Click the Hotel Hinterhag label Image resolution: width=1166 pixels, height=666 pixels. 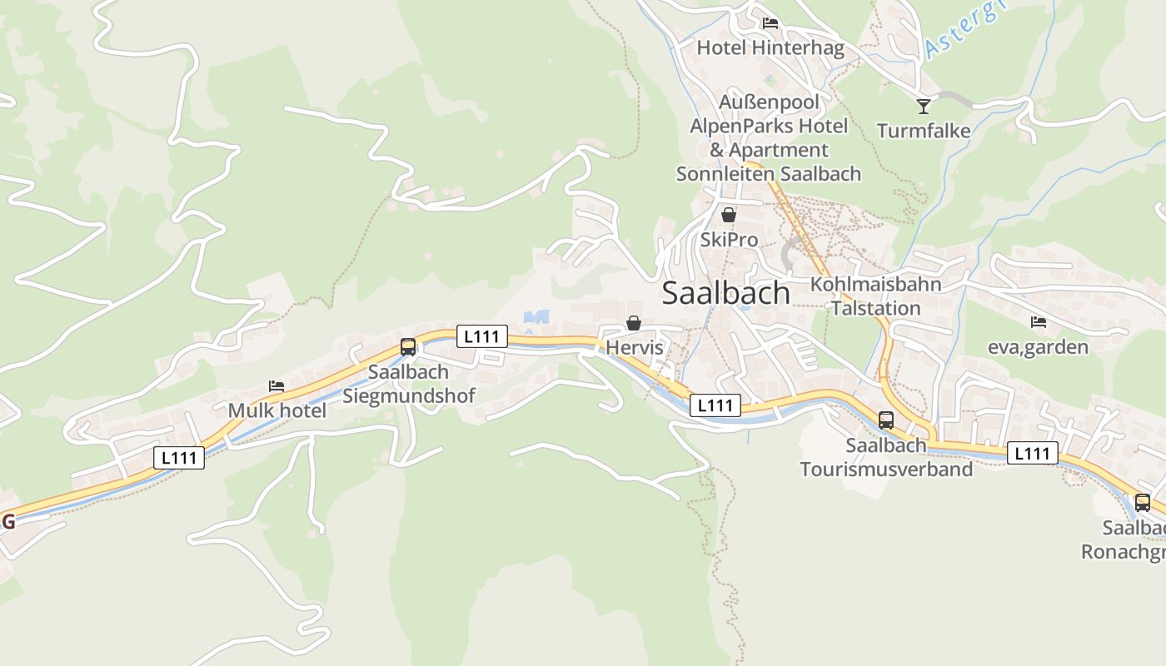(x=770, y=47)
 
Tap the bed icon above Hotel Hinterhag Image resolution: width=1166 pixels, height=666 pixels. (x=770, y=22)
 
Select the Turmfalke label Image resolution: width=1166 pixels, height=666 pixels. (x=924, y=131)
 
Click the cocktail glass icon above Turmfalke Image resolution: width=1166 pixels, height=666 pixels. (x=924, y=106)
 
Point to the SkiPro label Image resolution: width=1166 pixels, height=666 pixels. (x=729, y=240)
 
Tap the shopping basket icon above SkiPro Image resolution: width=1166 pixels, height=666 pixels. (x=729, y=215)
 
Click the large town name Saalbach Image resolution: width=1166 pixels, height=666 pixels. (x=725, y=293)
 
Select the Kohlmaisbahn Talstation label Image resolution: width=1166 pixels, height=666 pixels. (x=876, y=296)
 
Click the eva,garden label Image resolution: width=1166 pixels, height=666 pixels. (x=1038, y=346)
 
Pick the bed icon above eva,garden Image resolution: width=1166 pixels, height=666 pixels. (x=1038, y=321)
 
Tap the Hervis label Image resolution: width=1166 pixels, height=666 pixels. (x=635, y=347)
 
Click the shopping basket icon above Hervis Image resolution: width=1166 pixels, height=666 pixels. (x=634, y=323)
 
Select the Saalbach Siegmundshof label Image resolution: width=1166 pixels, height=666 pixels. (x=408, y=384)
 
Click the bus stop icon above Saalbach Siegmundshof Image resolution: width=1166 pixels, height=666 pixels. (x=408, y=346)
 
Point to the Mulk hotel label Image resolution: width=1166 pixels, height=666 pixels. (x=277, y=410)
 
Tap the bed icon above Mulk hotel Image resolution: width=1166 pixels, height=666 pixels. (x=277, y=386)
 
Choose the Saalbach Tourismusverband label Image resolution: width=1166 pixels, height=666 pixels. (x=886, y=457)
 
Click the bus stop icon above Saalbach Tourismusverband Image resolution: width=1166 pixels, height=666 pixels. (x=886, y=420)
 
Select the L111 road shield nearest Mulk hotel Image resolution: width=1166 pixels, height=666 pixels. (x=179, y=457)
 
